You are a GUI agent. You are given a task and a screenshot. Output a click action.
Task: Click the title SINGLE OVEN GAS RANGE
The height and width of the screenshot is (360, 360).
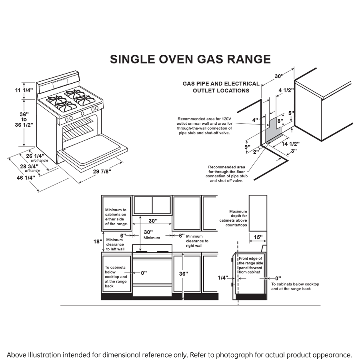[x=190, y=59]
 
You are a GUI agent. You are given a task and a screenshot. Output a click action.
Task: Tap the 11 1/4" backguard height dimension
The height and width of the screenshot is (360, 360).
[x=24, y=90]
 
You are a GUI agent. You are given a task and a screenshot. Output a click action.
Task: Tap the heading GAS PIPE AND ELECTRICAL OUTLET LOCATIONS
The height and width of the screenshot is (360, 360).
[x=221, y=87]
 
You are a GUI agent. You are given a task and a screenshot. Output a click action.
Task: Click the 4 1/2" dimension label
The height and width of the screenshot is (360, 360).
[x=286, y=90]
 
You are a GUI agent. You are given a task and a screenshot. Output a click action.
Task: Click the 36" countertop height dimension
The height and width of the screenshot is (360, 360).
[x=184, y=274]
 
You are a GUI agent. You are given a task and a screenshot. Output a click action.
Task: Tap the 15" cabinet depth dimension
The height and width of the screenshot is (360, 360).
[x=258, y=237]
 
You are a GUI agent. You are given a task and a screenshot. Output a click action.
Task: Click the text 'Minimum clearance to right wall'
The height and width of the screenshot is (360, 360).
[x=197, y=241]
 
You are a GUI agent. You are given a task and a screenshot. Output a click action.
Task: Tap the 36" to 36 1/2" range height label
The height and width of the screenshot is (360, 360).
[x=24, y=119]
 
